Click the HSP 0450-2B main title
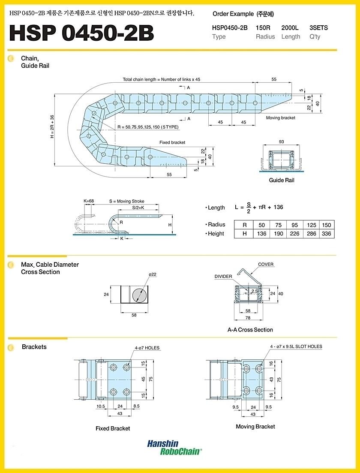click(x=82, y=33)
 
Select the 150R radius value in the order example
click(x=263, y=28)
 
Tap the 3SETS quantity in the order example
click(x=318, y=28)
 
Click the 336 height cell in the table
click(x=326, y=233)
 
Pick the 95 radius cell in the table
click(x=294, y=225)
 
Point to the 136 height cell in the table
click(x=262, y=233)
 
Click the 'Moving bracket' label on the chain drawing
click(x=280, y=117)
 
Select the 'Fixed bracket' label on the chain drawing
click(x=172, y=142)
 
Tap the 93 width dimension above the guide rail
click(x=281, y=142)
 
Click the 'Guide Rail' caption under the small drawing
click(x=282, y=180)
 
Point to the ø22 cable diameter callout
click(x=152, y=274)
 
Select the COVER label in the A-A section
click(x=266, y=264)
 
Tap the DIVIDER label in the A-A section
click(x=223, y=276)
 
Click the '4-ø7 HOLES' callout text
click(x=147, y=348)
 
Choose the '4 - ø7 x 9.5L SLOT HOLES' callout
click(x=296, y=346)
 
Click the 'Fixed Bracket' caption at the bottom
click(x=113, y=428)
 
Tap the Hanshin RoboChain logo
click(x=174, y=447)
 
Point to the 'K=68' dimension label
click(x=89, y=201)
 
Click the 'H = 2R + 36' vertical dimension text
click(x=52, y=127)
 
